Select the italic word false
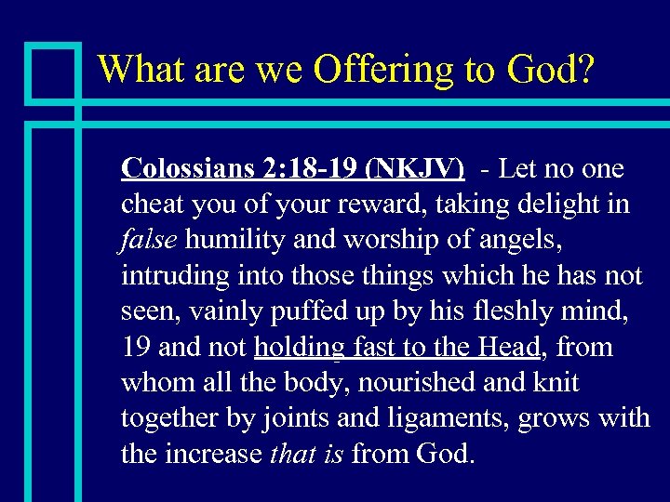pos(149,241)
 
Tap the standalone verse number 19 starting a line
pos(136,348)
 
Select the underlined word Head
pos(509,348)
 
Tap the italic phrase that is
pos(306,454)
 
